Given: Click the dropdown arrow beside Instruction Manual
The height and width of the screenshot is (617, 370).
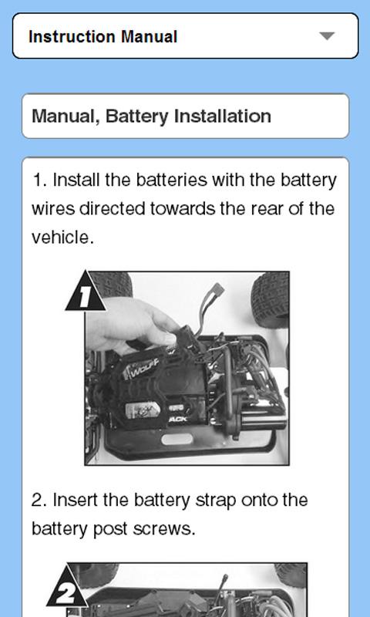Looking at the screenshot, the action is [327, 36].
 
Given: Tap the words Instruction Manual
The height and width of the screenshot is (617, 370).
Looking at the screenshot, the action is [103, 37].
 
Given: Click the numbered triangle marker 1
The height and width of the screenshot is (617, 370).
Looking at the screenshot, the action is [85, 292].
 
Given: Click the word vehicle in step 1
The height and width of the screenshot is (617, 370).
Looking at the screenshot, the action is [62, 238].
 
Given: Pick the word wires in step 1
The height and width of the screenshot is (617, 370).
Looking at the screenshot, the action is [53, 209].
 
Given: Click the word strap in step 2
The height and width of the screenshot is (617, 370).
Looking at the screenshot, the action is [216, 501].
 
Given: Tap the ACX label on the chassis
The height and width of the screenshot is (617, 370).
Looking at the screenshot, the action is [178, 420].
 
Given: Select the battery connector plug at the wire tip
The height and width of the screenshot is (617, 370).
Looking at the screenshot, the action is [217, 290].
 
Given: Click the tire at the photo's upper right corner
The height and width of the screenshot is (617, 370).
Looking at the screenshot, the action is [270, 296].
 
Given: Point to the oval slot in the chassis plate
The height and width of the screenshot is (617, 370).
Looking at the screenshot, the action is [177, 439].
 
